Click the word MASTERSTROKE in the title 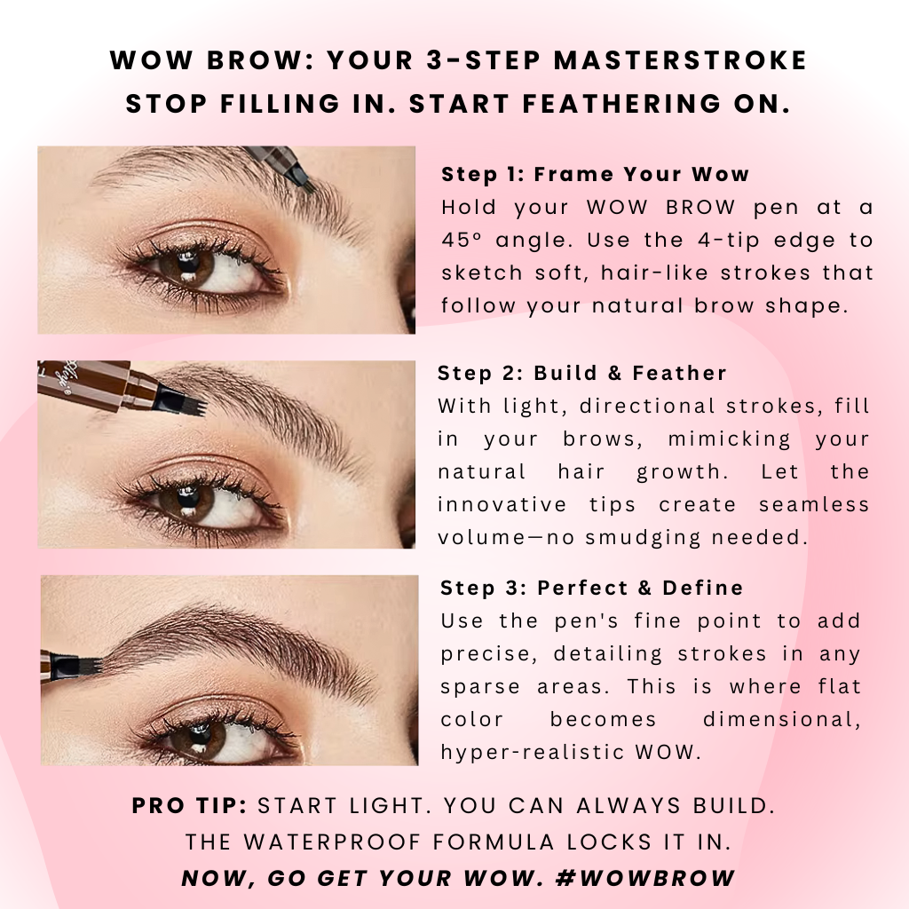point(680,60)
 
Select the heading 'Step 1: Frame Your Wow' point(596,174)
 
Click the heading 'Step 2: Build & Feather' point(582,373)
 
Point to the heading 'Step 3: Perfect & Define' point(592,588)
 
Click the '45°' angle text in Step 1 point(462,240)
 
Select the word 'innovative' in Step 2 point(502,504)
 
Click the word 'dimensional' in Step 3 point(782,719)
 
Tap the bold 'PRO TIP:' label point(190,806)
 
